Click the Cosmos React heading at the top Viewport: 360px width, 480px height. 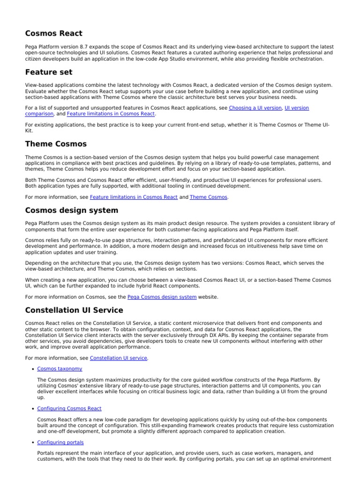point(53,33)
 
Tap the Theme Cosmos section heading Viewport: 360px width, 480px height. point(55,144)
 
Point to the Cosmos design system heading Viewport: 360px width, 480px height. point(71,210)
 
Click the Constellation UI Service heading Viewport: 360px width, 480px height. point(74,310)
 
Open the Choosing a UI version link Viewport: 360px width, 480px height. point(255,108)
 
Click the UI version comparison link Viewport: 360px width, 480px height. point(297,108)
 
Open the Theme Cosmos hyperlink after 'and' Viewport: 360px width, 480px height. point(208,197)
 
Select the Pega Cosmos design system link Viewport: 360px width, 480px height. point(162,297)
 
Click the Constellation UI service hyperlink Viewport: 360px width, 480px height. point(119,358)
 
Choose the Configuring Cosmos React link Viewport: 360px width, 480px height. point(69,409)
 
